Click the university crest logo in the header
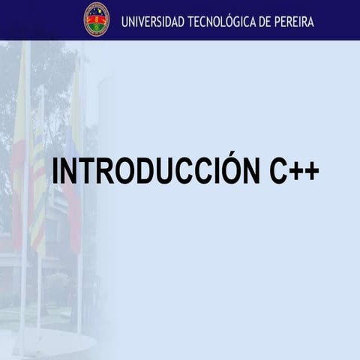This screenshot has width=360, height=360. (x=97, y=19)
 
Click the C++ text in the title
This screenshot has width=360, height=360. (x=294, y=172)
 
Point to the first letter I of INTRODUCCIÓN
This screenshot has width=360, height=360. (x=56, y=172)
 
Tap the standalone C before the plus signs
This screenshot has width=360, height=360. (x=277, y=172)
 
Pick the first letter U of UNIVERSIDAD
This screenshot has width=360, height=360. (x=125, y=21)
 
